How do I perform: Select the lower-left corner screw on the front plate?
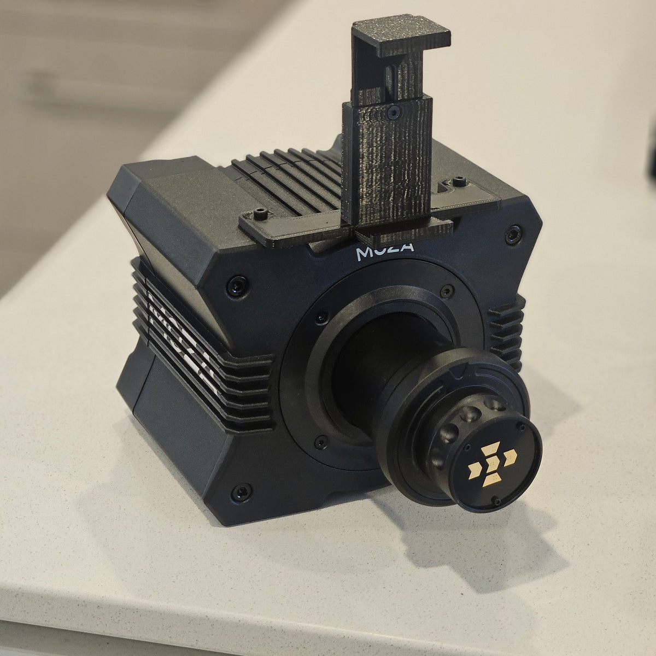239,493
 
